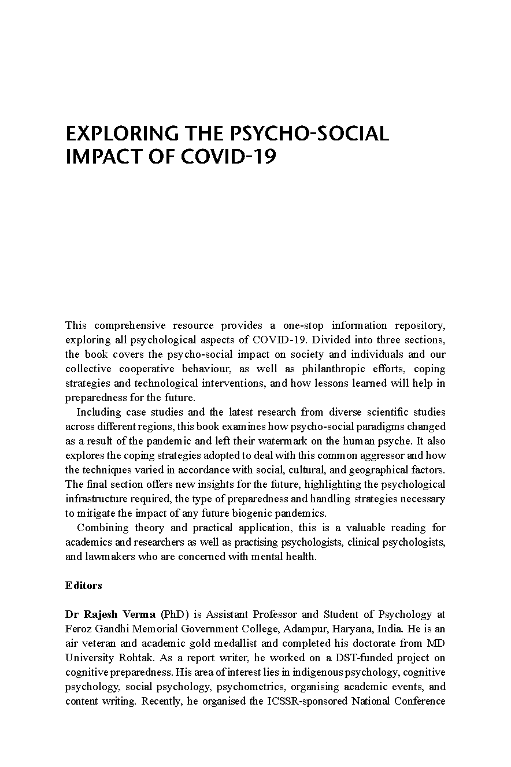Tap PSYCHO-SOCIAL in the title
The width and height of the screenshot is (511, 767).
tap(309, 134)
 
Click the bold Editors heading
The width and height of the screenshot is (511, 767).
tap(84, 586)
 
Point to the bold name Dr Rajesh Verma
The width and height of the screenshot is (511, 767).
tap(110, 614)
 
